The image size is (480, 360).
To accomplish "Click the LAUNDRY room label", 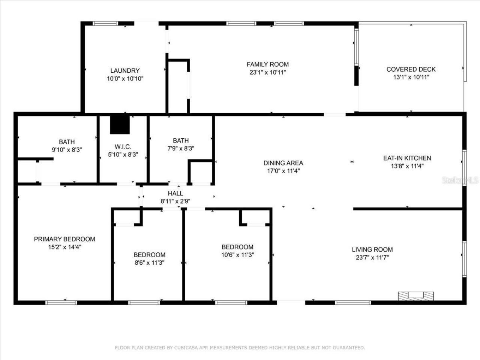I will tap(125, 70).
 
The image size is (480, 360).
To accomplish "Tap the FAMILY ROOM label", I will tap(267, 64).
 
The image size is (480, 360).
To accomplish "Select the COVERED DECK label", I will tap(411, 69).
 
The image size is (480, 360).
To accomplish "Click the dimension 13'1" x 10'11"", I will tap(411, 77).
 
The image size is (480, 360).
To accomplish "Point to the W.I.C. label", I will tap(123, 147).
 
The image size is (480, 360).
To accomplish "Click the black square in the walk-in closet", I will tap(120, 124).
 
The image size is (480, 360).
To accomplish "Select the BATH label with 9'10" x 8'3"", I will tap(67, 142).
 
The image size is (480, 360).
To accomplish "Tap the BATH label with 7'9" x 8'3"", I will tap(181, 141).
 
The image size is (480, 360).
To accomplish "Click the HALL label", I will tap(175, 193).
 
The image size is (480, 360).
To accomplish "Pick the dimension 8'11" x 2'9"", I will tap(175, 201).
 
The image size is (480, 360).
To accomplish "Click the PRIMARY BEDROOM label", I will tap(64, 239).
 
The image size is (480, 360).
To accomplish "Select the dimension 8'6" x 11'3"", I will tap(149, 263).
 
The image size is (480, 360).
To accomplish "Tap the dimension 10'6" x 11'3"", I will tap(237, 255).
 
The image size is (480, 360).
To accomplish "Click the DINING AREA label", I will tap(283, 163).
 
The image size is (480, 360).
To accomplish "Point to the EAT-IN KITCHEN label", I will tap(407, 158).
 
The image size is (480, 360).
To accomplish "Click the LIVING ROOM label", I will tap(372, 249).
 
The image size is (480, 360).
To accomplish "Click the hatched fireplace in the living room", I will tap(415, 295).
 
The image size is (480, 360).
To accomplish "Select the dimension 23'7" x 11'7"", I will tap(372, 258).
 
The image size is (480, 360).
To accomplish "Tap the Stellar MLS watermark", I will tap(460, 180).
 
